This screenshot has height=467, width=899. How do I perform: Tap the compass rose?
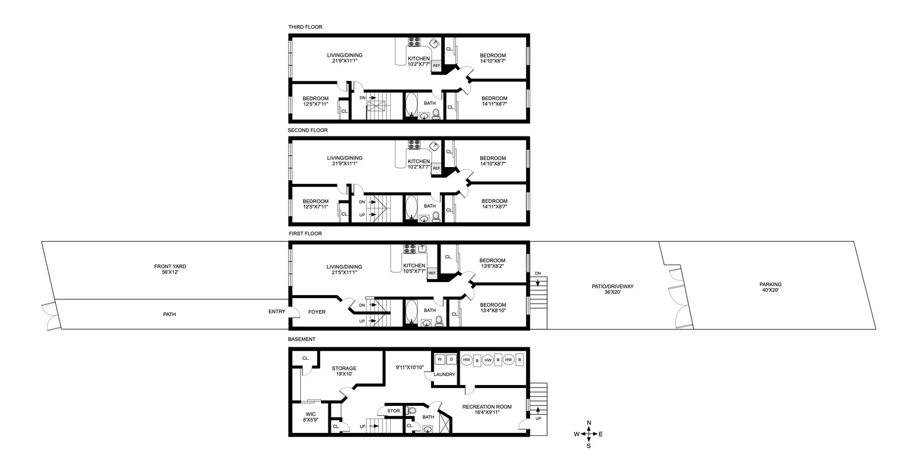tap(589, 433)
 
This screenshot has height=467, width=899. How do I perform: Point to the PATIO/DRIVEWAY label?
tap(611, 289)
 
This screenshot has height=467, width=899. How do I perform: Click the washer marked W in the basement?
tap(439, 359)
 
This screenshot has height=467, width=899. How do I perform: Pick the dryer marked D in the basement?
tap(451, 359)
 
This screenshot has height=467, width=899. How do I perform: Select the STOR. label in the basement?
tap(394, 411)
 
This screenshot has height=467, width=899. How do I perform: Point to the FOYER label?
tap(317, 312)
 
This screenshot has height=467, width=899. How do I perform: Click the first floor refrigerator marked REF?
tap(432, 273)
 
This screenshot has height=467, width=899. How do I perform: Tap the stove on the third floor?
tap(414, 42)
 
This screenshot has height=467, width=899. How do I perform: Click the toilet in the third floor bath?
tap(436, 113)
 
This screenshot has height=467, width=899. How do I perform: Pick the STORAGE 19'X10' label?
tap(343, 371)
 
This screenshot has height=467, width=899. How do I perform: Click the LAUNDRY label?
tap(444, 375)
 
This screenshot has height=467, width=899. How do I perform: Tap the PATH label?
tap(169, 314)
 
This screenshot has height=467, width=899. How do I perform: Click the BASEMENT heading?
tap(301, 339)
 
